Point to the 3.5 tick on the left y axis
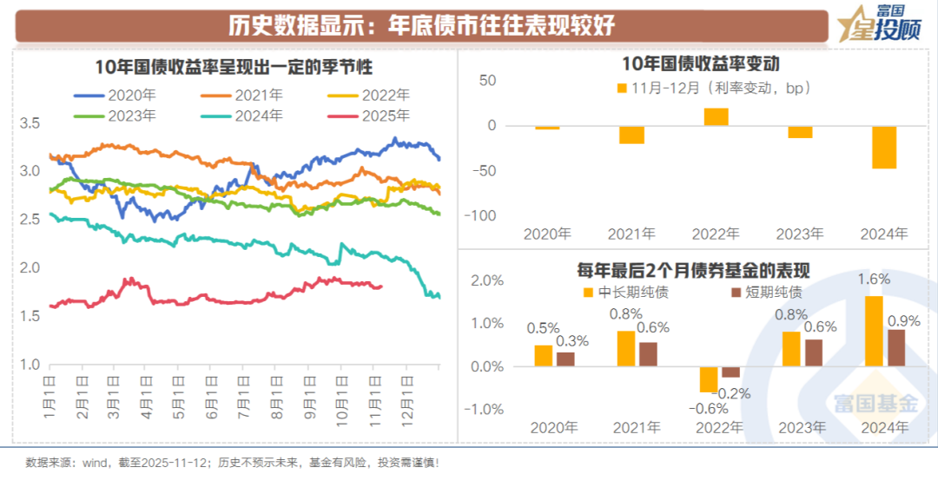pos(30,123)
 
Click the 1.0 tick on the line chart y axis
pos(30,365)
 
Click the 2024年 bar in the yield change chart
pos(885,147)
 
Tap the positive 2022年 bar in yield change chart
pos(716,116)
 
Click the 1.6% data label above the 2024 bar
pos(873,280)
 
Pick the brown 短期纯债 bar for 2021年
pos(648,354)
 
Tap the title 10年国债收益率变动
pos(701,63)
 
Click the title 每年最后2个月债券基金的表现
pos(701,269)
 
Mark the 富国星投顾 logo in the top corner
pos(876,23)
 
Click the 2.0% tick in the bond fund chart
pos(487,281)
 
